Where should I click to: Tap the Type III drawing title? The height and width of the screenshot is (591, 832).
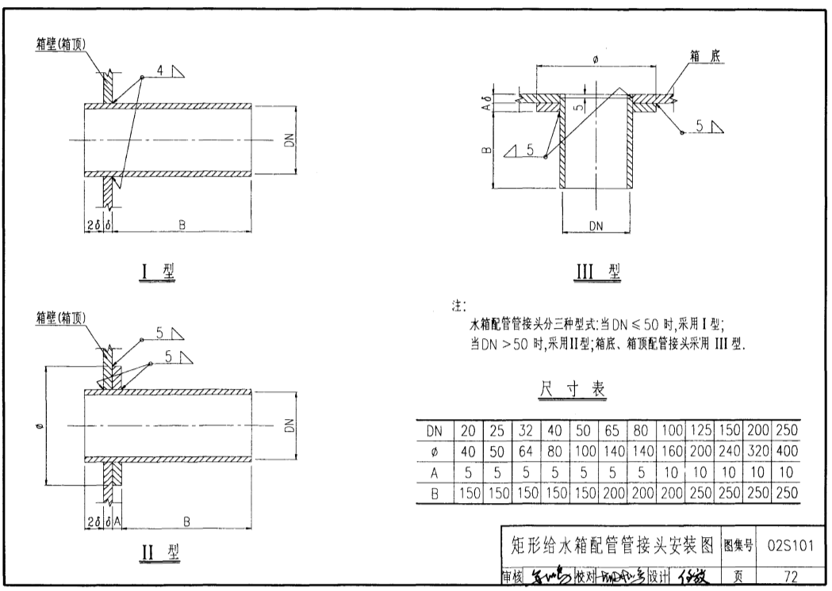[x=597, y=272]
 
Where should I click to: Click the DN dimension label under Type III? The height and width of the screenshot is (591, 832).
[x=596, y=226]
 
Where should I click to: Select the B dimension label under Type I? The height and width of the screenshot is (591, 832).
[x=182, y=226]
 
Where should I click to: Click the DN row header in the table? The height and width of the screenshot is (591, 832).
[x=434, y=431]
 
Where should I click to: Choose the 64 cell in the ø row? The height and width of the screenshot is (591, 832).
[x=526, y=452]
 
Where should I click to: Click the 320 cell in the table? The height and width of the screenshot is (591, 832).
[x=756, y=452]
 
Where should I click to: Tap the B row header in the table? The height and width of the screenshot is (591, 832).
[x=434, y=493]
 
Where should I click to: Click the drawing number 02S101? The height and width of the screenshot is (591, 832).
[x=791, y=545]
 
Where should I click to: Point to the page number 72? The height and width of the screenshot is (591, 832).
[x=790, y=576]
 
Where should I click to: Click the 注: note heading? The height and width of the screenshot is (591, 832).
[x=459, y=304]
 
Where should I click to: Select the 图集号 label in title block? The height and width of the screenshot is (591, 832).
[x=739, y=546]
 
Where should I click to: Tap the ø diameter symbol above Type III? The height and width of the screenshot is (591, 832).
[x=596, y=59]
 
